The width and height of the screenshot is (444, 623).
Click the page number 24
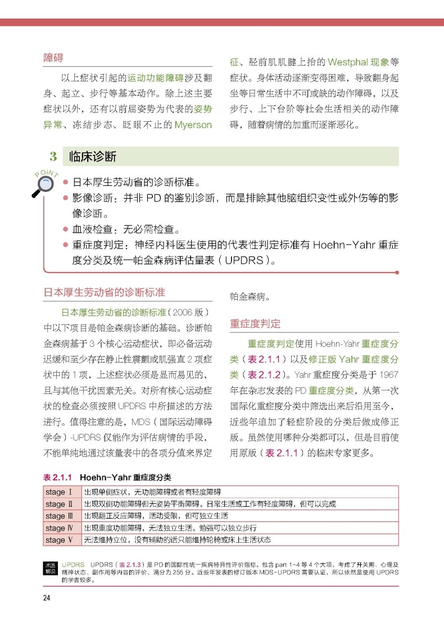tap(47, 597)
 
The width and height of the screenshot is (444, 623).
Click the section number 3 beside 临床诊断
tap(53, 156)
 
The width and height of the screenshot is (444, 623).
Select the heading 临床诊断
tap(92, 156)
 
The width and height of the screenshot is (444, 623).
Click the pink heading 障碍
tap(53, 58)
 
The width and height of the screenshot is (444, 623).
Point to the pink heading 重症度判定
tap(255, 324)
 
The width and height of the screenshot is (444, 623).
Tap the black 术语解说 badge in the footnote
tap(50, 567)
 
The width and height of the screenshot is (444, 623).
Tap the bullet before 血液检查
tap(66, 230)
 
